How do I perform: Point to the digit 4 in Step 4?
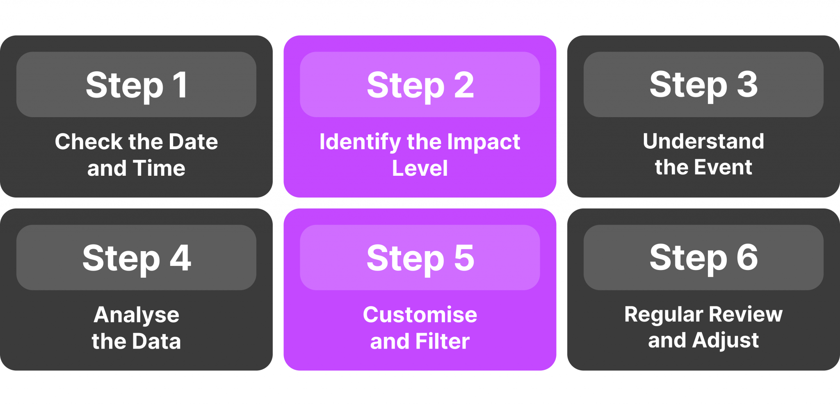(x=180, y=258)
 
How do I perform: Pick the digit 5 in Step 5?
(x=464, y=258)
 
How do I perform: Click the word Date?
(x=193, y=142)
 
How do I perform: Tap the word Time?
(x=159, y=168)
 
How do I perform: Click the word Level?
(x=420, y=168)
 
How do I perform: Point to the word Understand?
(x=703, y=141)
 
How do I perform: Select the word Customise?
(x=420, y=315)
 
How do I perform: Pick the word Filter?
(x=443, y=341)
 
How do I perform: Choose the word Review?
(x=746, y=314)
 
